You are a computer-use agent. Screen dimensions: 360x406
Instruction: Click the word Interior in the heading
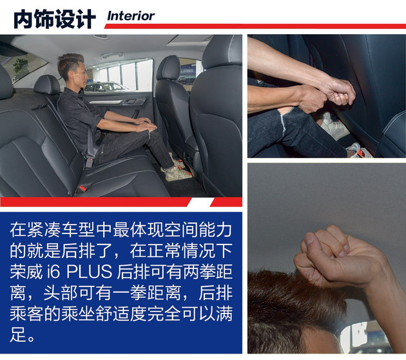click(130, 15)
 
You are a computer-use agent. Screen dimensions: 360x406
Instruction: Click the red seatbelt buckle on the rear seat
click(82, 188)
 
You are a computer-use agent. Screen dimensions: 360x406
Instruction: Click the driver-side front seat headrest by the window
click(168, 67)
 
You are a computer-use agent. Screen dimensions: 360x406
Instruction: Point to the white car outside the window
click(103, 86)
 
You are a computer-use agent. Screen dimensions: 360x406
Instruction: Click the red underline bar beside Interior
click(284, 26)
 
